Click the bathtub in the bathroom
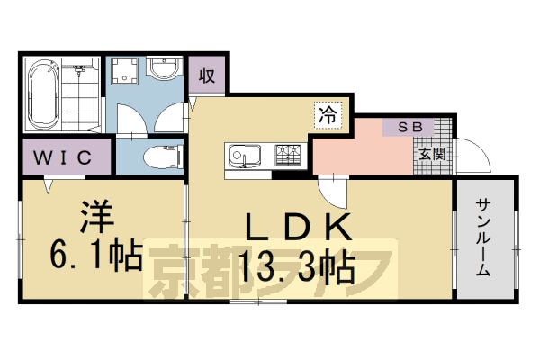tap(43, 94)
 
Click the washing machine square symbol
tap(123, 72)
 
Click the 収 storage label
tap(207, 76)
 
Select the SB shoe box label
tap(409, 127)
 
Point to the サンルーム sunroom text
tap(483, 236)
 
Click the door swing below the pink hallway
tap(330, 191)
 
